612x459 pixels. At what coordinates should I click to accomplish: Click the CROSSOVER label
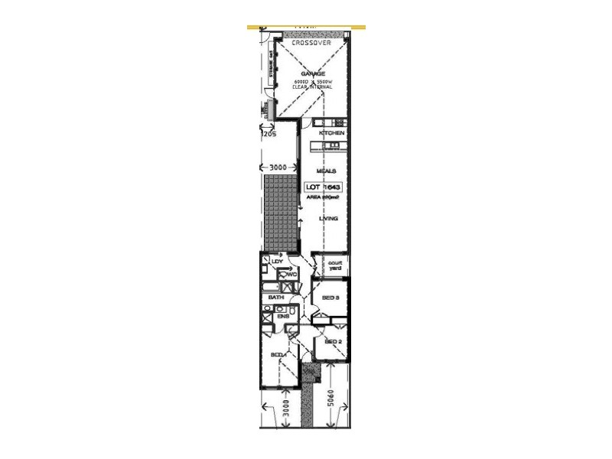[311, 44]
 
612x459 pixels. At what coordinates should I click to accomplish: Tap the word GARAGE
[312, 73]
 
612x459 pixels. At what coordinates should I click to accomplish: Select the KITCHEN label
[332, 134]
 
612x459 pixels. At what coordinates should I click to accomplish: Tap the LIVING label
[329, 219]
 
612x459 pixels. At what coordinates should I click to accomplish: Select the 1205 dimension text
[269, 134]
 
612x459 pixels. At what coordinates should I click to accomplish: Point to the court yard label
[334, 265]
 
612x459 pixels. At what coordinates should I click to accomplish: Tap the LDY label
[277, 262]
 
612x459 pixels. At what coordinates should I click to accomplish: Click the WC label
[292, 275]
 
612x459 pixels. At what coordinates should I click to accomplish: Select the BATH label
[276, 297]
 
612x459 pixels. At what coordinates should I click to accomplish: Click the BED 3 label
[330, 298]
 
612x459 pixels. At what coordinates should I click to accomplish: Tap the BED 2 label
[333, 341]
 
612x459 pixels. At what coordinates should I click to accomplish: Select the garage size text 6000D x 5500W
[312, 82]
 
